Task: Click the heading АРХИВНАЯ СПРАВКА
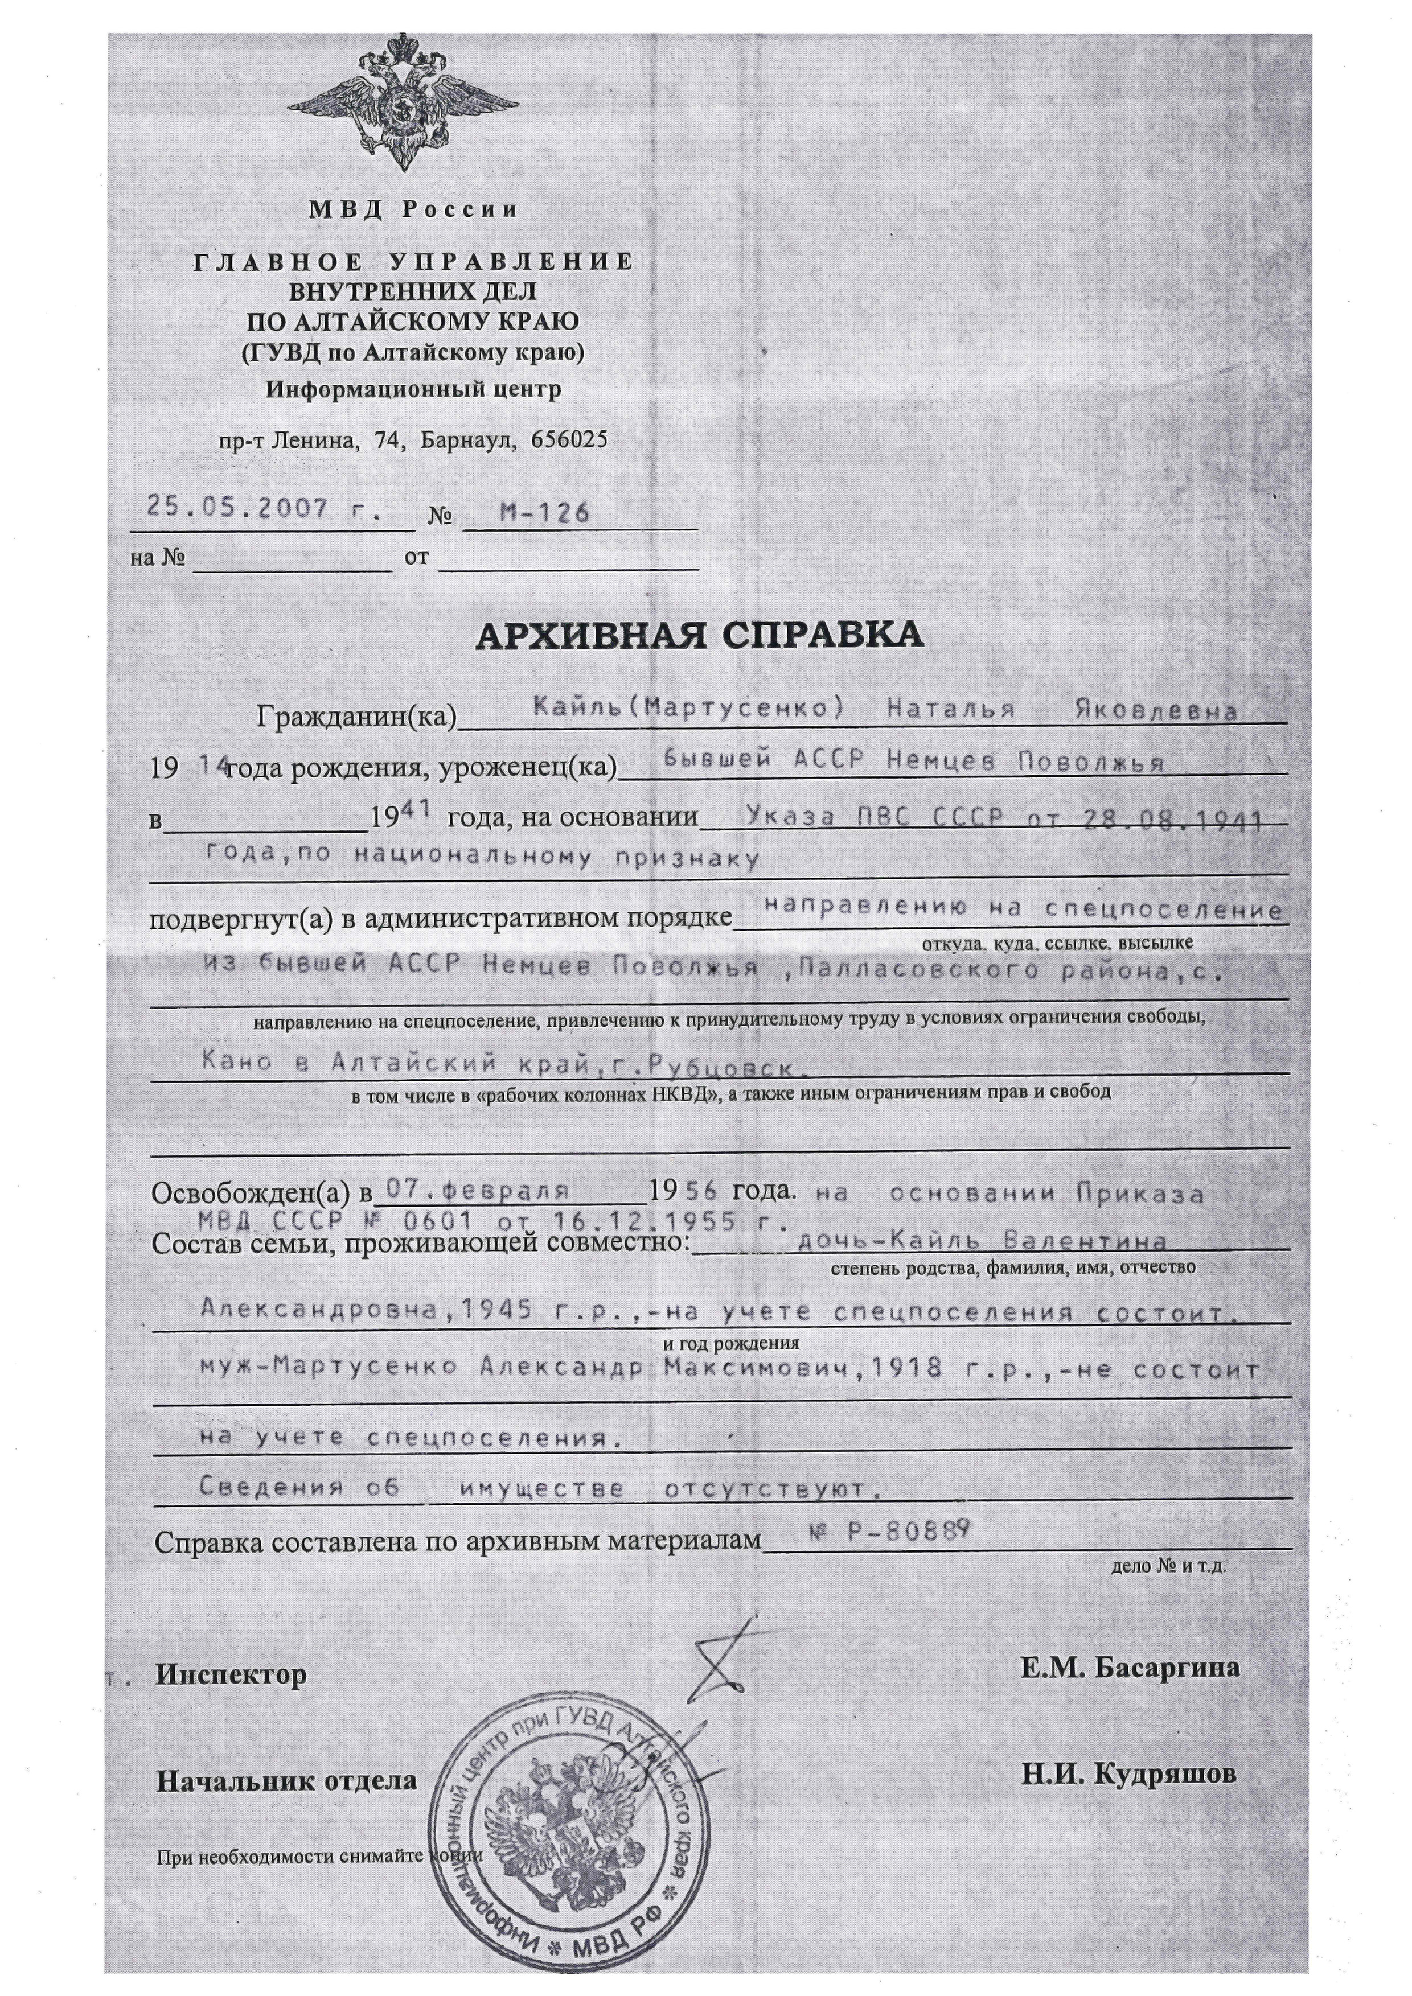click(699, 636)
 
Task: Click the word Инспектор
click(231, 1674)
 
